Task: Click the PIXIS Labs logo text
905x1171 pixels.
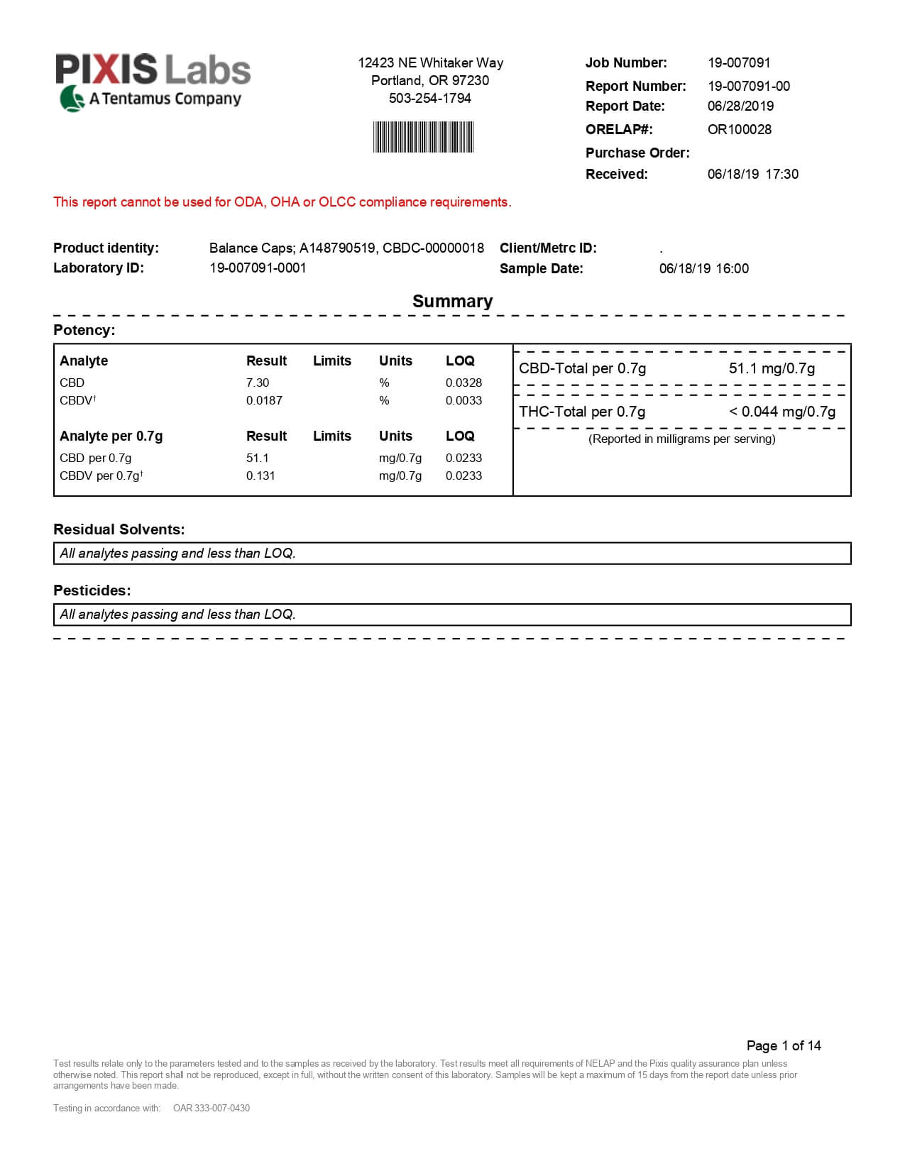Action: coord(153,70)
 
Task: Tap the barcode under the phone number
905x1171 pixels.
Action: coord(423,137)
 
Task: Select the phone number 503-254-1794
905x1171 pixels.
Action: coord(429,98)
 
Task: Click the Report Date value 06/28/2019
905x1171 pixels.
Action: coord(740,106)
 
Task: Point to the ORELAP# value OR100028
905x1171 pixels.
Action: coord(739,129)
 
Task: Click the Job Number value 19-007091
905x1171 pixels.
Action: coord(738,62)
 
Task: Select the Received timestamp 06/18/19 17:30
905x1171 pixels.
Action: coord(752,174)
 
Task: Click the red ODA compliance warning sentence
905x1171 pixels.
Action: coord(282,202)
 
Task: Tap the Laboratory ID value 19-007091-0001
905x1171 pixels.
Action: coord(258,268)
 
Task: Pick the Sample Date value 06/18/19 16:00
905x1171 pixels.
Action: coord(703,268)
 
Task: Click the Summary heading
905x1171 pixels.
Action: coord(452,301)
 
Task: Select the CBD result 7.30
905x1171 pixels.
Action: coord(258,383)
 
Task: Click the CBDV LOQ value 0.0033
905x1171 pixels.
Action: coord(464,400)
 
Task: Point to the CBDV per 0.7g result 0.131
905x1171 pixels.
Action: coord(260,475)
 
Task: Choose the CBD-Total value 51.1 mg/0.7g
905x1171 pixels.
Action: coord(772,368)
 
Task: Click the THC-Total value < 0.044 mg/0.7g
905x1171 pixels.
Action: coord(782,412)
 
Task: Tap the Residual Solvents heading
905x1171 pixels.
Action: coord(119,529)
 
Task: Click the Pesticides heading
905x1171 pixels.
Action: coord(92,590)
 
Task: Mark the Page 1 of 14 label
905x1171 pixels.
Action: coord(783,1045)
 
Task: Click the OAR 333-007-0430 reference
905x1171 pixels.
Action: coord(211,1108)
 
